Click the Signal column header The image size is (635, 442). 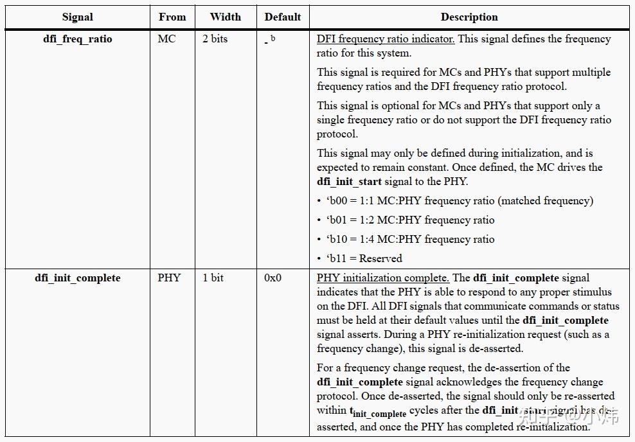(x=77, y=17)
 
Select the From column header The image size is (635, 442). (x=172, y=17)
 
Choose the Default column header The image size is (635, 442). (x=283, y=17)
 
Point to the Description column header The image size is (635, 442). (x=469, y=17)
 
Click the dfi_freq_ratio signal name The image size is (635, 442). (x=77, y=39)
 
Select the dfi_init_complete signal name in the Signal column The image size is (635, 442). (x=77, y=278)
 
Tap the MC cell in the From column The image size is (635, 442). (x=166, y=39)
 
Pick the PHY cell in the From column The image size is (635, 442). (x=169, y=278)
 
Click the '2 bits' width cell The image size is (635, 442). (x=215, y=39)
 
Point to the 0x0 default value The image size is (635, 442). (x=273, y=278)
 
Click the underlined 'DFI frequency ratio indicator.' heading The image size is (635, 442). (x=386, y=39)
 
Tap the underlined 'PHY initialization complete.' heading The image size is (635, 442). (x=383, y=278)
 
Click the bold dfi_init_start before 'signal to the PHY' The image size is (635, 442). (x=349, y=182)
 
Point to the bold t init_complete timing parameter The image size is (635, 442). (x=378, y=412)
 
